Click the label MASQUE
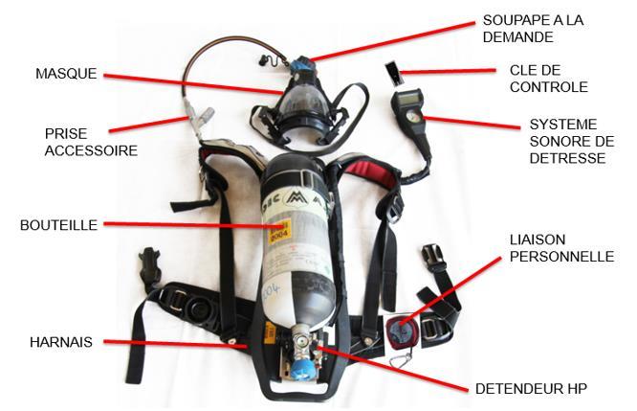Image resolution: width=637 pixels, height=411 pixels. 66,74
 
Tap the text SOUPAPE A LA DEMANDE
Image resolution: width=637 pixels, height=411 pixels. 533,29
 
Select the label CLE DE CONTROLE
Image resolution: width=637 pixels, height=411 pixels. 548,79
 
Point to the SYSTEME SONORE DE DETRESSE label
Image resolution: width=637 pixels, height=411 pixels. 572,141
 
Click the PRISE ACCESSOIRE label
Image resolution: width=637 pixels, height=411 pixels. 91,143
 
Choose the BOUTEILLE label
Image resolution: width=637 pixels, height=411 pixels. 59,225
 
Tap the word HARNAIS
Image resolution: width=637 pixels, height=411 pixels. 61,342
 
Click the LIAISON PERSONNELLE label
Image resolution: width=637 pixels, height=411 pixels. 561,248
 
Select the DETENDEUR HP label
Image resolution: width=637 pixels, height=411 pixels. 531,389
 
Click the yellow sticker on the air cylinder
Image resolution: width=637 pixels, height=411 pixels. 279,231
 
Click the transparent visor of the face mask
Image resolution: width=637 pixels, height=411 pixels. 301,103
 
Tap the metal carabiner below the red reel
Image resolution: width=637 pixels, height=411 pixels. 402,359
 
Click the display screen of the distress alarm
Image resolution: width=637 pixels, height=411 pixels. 408,98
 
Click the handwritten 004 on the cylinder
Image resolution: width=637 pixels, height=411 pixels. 272,291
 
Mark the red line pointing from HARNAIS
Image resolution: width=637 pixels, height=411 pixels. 175,344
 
